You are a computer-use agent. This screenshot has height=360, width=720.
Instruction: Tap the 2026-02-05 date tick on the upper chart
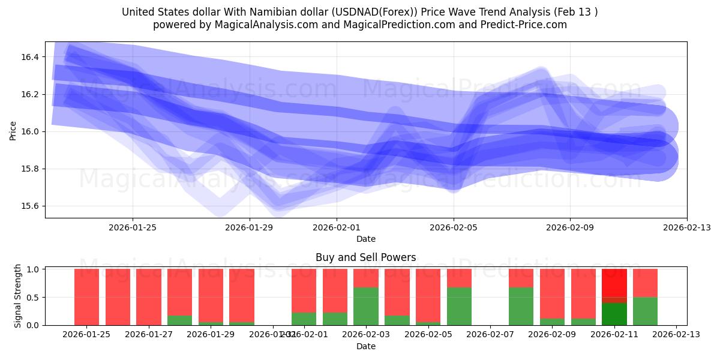[454, 227]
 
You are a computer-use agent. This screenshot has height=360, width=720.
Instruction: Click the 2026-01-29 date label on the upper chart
[250, 227]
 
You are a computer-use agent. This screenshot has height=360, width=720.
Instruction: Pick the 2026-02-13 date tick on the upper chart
[687, 227]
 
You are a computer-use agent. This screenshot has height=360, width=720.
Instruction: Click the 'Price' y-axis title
[13, 130]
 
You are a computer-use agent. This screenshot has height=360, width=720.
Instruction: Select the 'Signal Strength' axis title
[18, 296]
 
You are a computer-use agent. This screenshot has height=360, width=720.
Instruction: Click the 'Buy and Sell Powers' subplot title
[365, 257]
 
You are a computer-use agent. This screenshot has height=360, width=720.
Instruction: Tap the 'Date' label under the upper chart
[365, 239]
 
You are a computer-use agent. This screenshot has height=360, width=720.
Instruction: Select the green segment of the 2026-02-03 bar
[366, 306]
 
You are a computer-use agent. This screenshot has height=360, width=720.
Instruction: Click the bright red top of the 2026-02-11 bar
[614, 282]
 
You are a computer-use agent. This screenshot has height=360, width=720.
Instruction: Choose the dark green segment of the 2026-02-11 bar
[614, 314]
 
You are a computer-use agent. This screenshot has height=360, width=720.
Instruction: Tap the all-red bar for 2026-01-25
[87, 297]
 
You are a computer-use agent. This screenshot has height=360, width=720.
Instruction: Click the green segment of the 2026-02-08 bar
[521, 306]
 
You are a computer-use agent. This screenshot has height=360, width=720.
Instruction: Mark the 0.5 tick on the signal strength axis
[34, 297]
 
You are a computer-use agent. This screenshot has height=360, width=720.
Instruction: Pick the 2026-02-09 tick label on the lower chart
[553, 334]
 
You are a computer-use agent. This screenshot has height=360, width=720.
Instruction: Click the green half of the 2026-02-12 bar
[645, 311]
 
